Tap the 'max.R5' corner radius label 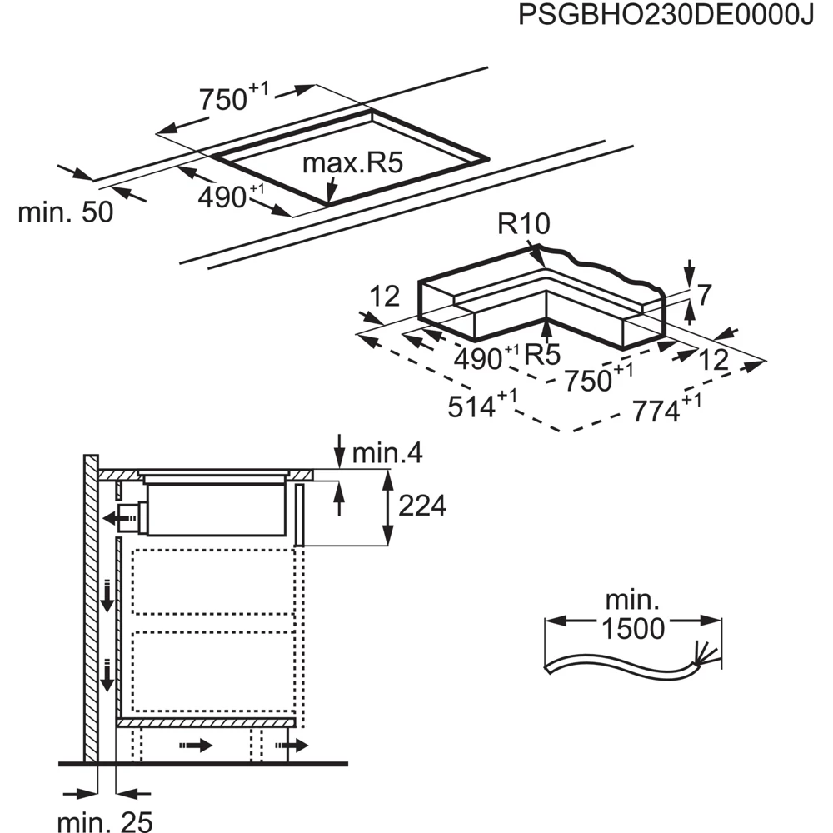click(x=352, y=162)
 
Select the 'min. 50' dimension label click(x=65, y=212)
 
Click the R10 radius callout click(x=525, y=224)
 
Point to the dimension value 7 click(x=704, y=293)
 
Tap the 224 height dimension click(x=421, y=506)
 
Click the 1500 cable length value click(x=634, y=629)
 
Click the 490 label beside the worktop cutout click(x=223, y=198)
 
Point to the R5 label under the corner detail click(x=542, y=356)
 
